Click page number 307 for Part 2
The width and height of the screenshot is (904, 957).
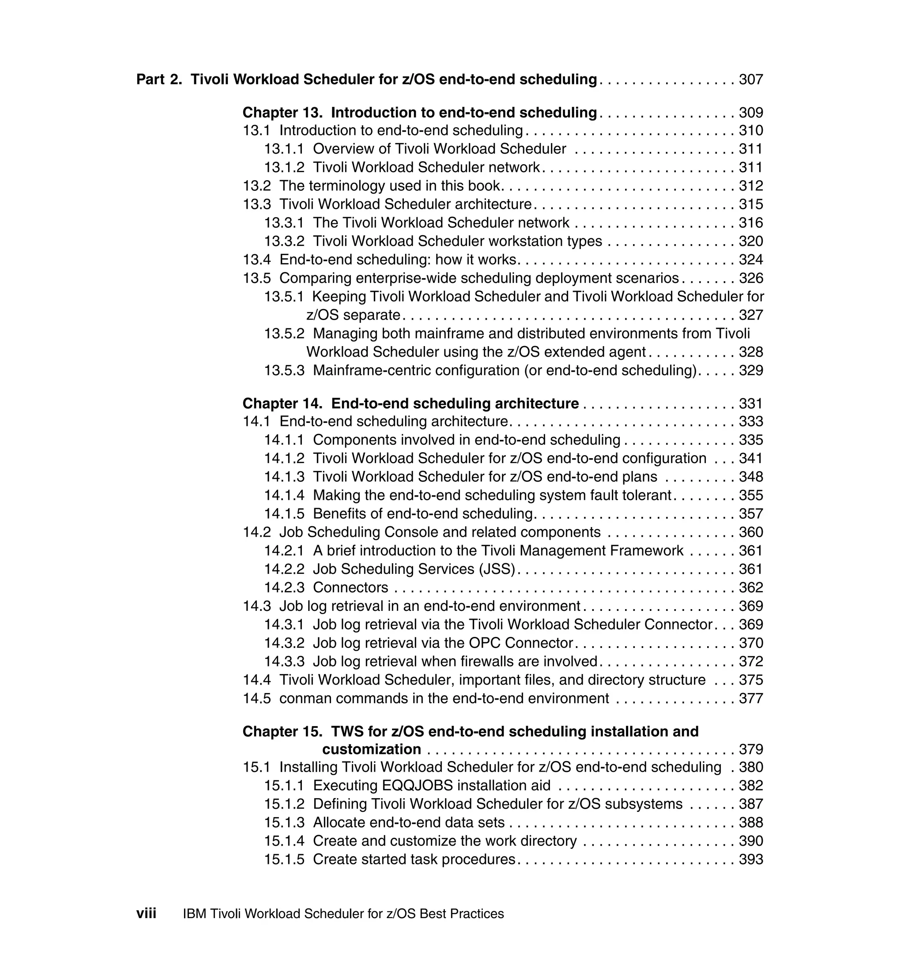(751, 79)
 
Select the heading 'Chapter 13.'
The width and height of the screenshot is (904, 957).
(282, 113)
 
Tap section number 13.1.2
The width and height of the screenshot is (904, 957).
(284, 168)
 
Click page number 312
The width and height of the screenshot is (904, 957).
(751, 186)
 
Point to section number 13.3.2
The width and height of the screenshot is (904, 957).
(284, 241)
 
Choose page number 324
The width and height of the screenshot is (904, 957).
(751, 260)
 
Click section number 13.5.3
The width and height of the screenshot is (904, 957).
(284, 370)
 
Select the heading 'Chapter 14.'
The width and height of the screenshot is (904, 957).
(282, 403)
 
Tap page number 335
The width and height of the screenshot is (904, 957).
(751, 440)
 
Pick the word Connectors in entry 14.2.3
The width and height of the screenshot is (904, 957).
(350, 588)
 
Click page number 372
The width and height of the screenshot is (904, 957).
(751, 662)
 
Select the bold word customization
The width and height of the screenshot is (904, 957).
(372, 750)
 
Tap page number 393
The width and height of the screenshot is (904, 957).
(751, 859)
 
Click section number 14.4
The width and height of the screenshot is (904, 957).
(257, 680)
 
